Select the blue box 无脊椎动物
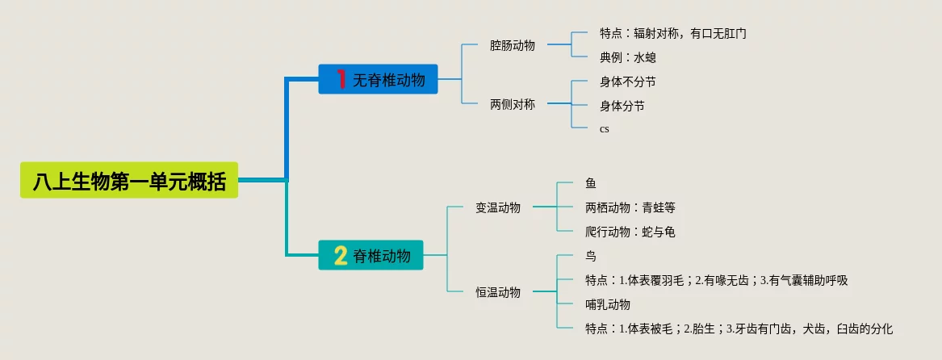click(378, 79)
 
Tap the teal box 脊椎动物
click(371, 255)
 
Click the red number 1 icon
click(341, 79)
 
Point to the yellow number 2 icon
click(341, 255)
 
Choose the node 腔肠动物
click(512, 45)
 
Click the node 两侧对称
click(512, 104)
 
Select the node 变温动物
click(498, 207)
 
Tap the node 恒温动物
click(498, 292)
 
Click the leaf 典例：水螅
click(627, 57)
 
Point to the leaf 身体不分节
click(627, 82)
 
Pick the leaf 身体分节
click(622, 106)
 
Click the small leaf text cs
click(604, 129)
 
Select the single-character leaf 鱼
click(591, 184)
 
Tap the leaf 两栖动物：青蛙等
click(630, 207)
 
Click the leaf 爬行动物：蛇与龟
click(630, 232)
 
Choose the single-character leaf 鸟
click(591, 256)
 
